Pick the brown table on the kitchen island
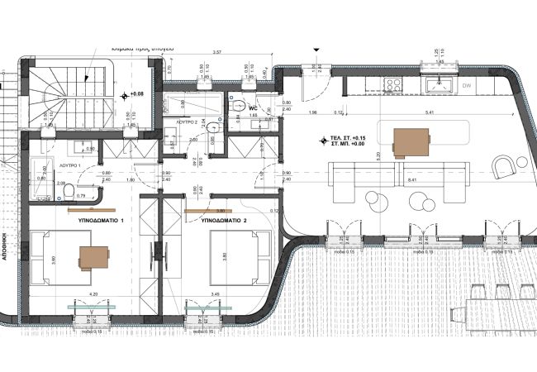(x=411, y=142)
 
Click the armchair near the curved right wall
(x=504, y=168)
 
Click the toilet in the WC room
(x=238, y=106)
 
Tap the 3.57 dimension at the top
(x=217, y=52)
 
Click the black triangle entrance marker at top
(x=315, y=50)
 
